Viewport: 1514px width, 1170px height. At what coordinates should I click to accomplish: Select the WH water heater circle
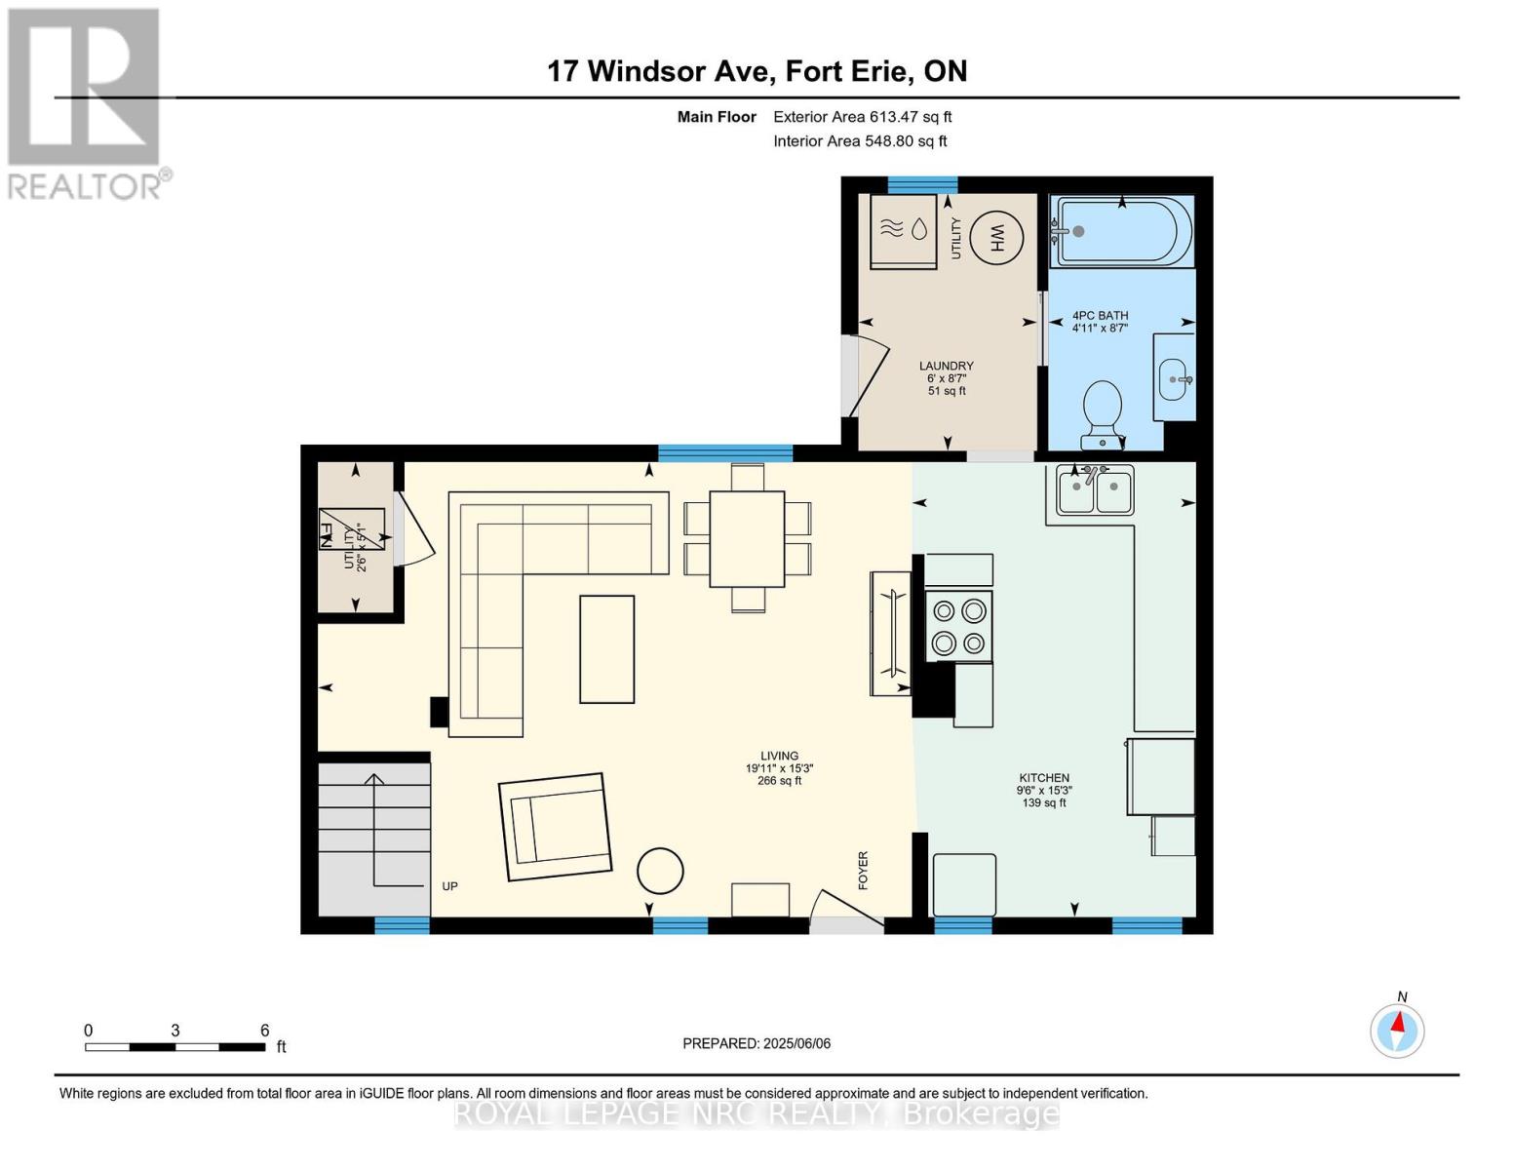[x=996, y=237]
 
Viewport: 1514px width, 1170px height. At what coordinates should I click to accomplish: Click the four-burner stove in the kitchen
[x=958, y=627]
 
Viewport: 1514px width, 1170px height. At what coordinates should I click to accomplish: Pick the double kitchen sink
[x=1095, y=490]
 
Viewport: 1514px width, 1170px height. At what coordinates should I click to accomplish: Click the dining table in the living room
[x=747, y=538]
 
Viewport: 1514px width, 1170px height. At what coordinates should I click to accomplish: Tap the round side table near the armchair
[x=660, y=871]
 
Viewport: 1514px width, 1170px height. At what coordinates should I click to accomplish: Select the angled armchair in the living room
[x=555, y=827]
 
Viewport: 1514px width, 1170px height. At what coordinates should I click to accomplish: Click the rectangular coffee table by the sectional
[x=606, y=648]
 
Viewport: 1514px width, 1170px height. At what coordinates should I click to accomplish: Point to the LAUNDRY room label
[x=946, y=367]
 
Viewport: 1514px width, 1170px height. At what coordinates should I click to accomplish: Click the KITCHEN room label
[x=1044, y=778]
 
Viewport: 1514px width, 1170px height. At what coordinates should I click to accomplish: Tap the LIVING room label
[x=779, y=756]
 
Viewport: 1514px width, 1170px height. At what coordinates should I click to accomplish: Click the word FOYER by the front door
[x=863, y=870]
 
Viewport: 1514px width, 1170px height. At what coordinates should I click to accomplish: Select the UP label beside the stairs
[x=449, y=886]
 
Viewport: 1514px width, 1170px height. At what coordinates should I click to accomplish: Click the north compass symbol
[x=1397, y=1030]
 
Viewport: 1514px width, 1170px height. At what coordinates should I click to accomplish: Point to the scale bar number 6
[x=264, y=1031]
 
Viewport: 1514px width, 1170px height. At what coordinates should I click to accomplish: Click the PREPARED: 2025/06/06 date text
[x=757, y=1043]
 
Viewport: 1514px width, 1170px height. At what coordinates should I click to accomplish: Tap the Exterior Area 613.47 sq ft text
[x=862, y=117]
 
